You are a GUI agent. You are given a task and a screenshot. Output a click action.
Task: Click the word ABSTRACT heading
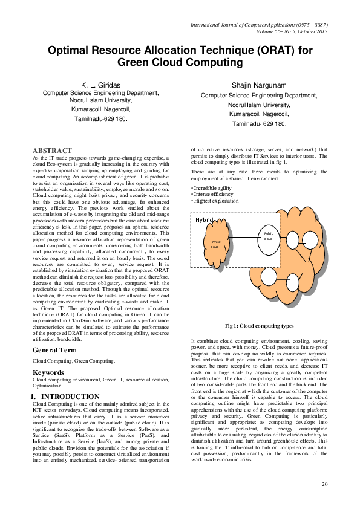[x=51, y=150]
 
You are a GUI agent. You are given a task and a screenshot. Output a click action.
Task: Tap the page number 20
[x=324, y=484]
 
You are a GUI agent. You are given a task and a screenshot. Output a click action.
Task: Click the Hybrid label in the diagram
[x=204, y=220]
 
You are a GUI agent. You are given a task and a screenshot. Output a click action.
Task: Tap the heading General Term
[x=54, y=350]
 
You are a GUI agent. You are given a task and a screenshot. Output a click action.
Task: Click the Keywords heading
[x=48, y=372]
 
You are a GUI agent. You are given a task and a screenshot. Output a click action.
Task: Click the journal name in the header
[x=259, y=25]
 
